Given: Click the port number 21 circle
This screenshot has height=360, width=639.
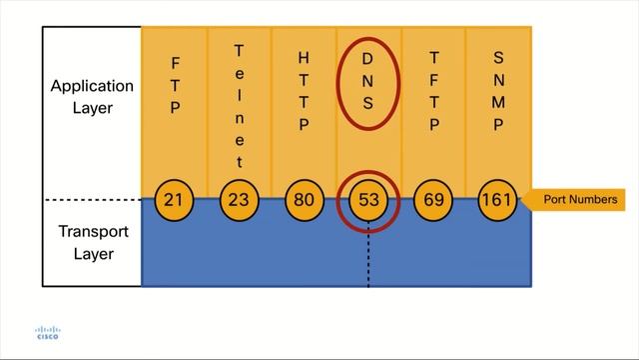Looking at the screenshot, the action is coord(174,200).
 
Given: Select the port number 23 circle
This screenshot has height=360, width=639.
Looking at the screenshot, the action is coord(239,200).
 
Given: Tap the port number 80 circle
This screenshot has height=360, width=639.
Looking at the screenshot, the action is coord(304,200).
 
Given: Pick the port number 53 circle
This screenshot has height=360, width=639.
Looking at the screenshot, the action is coord(368,200).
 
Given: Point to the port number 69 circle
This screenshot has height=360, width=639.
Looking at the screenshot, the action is coord(433,200).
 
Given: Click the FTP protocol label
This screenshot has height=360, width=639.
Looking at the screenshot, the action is coord(175,87).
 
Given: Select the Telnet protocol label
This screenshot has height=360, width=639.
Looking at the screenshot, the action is coord(239,105).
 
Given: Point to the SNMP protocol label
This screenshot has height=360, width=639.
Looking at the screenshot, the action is coord(498,87).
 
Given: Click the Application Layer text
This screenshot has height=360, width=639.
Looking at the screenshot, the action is coord(91,96).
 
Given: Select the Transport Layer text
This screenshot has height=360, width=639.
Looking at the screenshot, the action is coord(91,243).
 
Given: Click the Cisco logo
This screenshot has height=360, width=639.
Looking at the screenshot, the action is coord(47,333).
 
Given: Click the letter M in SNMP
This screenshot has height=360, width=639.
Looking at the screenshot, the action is coord(498,102).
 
